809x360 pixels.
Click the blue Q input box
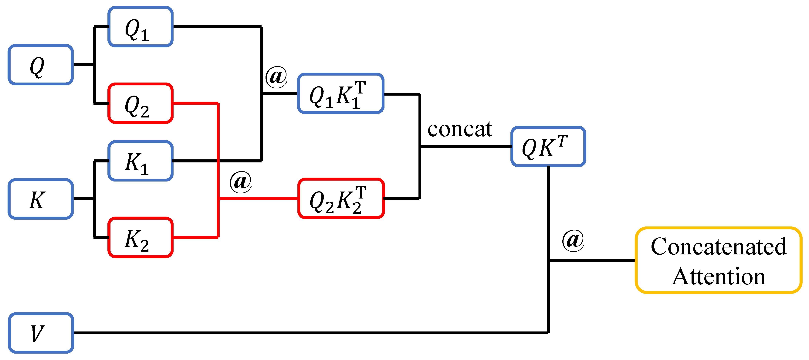[41, 65]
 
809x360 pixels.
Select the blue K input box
[41, 199]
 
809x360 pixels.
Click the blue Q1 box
[140, 27]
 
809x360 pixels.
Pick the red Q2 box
[140, 103]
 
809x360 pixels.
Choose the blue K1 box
[140, 161]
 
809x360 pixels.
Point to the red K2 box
[140, 237]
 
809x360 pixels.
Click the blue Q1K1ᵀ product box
[341, 94]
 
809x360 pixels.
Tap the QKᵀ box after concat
[548, 146]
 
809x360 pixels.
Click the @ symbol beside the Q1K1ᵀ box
[276, 77]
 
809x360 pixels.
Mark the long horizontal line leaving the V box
[311, 333]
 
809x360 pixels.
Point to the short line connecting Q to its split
[83, 65]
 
